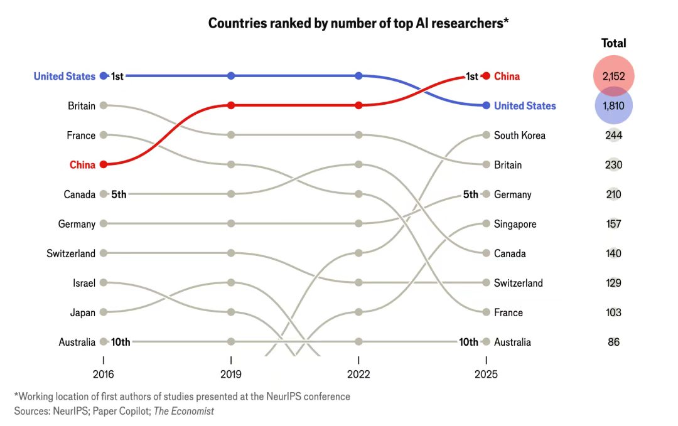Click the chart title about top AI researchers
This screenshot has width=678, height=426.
358,23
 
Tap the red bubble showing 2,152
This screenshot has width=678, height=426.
613,76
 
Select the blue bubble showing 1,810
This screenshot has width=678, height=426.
613,105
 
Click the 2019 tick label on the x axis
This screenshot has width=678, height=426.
231,375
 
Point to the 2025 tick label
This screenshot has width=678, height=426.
486,375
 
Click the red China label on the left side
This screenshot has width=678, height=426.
82,165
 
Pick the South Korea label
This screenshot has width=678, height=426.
519,135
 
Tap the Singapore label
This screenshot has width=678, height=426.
515,224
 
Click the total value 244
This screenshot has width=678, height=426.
613,135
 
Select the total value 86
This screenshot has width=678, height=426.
613,342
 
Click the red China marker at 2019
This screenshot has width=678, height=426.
231,105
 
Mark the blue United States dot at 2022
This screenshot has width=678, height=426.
358,76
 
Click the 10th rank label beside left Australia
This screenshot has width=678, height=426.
121,342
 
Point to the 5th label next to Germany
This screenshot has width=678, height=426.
470,194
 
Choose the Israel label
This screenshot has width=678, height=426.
84,283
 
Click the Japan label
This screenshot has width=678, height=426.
83,312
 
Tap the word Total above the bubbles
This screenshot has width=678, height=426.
613,43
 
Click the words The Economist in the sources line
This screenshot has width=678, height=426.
185,412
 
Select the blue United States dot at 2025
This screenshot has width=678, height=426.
486,105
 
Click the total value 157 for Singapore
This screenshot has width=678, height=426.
613,224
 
